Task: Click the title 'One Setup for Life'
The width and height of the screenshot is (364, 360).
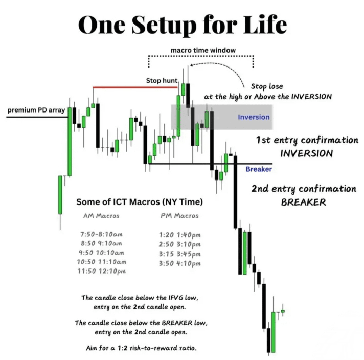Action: point(183,25)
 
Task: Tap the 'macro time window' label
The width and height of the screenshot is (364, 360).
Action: point(203,50)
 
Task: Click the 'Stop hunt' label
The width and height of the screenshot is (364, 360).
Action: point(162,81)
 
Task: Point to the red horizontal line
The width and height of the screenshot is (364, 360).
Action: point(135,87)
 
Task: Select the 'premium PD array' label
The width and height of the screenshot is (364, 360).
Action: point(36,110)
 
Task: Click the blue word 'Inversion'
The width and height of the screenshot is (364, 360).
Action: point(254,117)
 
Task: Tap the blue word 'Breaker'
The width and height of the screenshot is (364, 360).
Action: point(259,169)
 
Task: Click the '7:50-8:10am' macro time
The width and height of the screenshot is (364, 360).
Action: point(101,234)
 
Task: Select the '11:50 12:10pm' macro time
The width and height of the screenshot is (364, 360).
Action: point(101,271)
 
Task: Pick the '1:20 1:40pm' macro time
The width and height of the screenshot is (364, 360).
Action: point(179,235)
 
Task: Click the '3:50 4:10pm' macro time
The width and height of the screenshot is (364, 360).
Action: point(179,264)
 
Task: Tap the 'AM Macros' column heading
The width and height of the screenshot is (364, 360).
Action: point(101,216)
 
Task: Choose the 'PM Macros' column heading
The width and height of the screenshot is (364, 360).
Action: point(179,216)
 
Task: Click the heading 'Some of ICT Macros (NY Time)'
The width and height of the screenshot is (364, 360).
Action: point(140,202)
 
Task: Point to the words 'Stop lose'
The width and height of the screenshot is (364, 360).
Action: point(267,86)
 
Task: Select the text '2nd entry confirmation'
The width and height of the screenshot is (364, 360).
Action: point(304,189)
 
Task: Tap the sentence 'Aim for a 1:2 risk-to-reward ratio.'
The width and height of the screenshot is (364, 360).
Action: point(141,348)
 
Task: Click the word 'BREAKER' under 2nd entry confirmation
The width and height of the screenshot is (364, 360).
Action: point(304,202)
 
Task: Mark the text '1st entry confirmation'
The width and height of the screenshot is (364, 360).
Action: point(307,140)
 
